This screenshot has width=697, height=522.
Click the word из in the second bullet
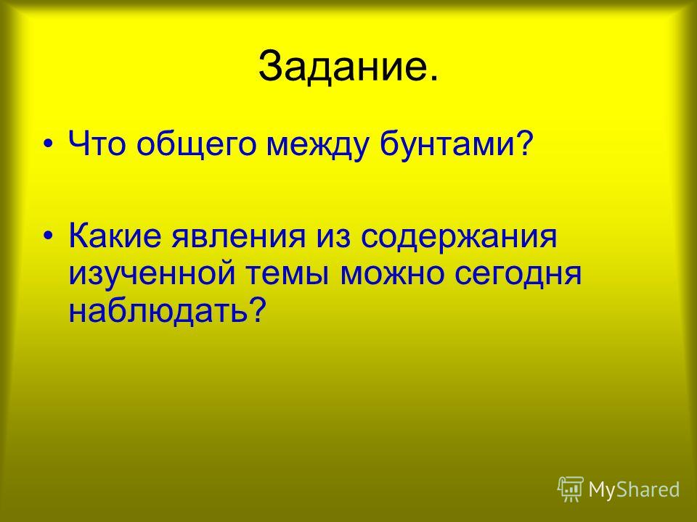tap(333, 238)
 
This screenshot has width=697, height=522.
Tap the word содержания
tap(458, 238)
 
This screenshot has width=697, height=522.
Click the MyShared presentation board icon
tap(571, 489)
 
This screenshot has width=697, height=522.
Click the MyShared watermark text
tap(635, 489)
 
